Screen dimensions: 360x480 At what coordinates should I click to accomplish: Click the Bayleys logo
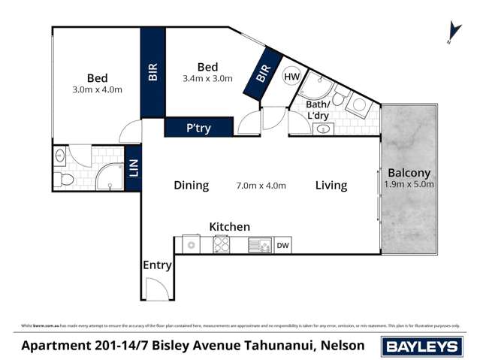[x=423, y=346]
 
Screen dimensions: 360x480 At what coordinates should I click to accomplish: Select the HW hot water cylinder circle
[x=291, y=76]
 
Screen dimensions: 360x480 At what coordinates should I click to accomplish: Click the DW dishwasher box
[x=282, y=245]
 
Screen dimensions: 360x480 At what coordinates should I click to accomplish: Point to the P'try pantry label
[x=198, y=129]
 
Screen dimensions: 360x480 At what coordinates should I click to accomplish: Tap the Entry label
[x=157, y=265]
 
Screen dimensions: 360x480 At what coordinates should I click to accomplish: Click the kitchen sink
[x=260, y=244]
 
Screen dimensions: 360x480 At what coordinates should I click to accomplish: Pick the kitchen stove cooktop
[x=222, y=244]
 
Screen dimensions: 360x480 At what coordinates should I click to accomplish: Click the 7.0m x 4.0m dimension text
[x=261, y=186]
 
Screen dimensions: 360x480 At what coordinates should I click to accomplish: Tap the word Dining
[x=191, y=185]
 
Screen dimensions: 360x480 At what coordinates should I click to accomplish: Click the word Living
[x=331, y=185]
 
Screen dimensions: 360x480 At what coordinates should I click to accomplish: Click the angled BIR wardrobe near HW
[x=262, y=73]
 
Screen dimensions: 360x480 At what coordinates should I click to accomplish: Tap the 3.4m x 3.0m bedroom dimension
[x=207, y=78]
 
